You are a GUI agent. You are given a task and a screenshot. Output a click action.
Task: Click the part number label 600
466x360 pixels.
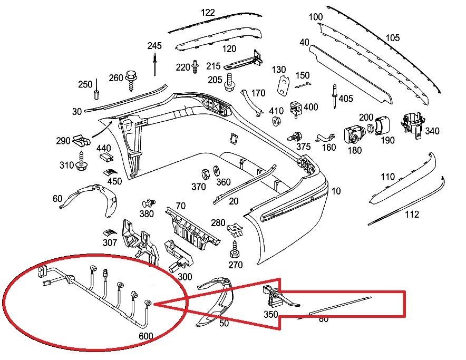[x=146, y=336]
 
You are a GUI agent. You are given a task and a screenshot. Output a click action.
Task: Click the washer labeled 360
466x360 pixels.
[x=217, y=171]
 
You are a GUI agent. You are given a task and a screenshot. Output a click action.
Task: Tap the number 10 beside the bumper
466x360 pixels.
[x=336, y=191]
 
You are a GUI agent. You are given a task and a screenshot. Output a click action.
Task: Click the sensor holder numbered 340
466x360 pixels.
[x=413, y=126]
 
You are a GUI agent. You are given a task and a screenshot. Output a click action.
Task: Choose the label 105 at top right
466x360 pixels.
[x=393, y=38]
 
